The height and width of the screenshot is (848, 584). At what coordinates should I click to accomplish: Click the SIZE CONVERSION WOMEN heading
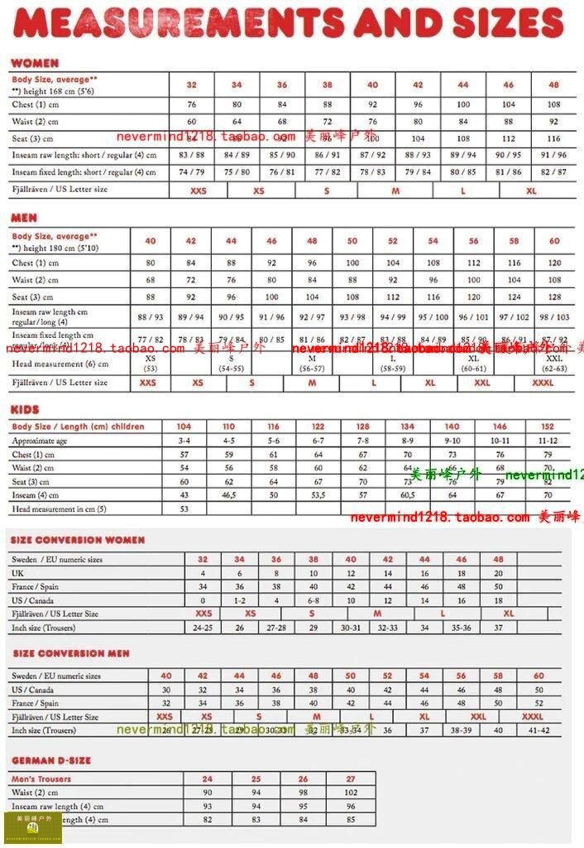point(78,540)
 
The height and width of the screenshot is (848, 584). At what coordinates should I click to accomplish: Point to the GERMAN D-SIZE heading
point(51,760)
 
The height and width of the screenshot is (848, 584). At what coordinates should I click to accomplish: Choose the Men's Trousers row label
point(41,779)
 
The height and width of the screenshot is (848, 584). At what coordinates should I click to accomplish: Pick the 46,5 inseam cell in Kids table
point(229,495)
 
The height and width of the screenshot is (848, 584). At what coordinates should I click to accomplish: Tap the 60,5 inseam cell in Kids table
point(408,495)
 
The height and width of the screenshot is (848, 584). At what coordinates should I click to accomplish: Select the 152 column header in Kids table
point(547,427)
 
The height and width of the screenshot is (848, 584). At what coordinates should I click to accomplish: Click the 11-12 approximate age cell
point(547,441)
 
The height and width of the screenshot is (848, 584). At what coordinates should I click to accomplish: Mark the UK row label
point(17,573)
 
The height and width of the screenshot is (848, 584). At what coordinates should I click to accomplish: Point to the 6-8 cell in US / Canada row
point(314,600)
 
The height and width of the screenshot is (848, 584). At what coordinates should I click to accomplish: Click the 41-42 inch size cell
point(539,730)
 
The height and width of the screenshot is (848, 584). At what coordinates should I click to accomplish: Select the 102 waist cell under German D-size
point(351,793)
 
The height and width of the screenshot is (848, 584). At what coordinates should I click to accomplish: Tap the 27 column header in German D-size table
point(351,779)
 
